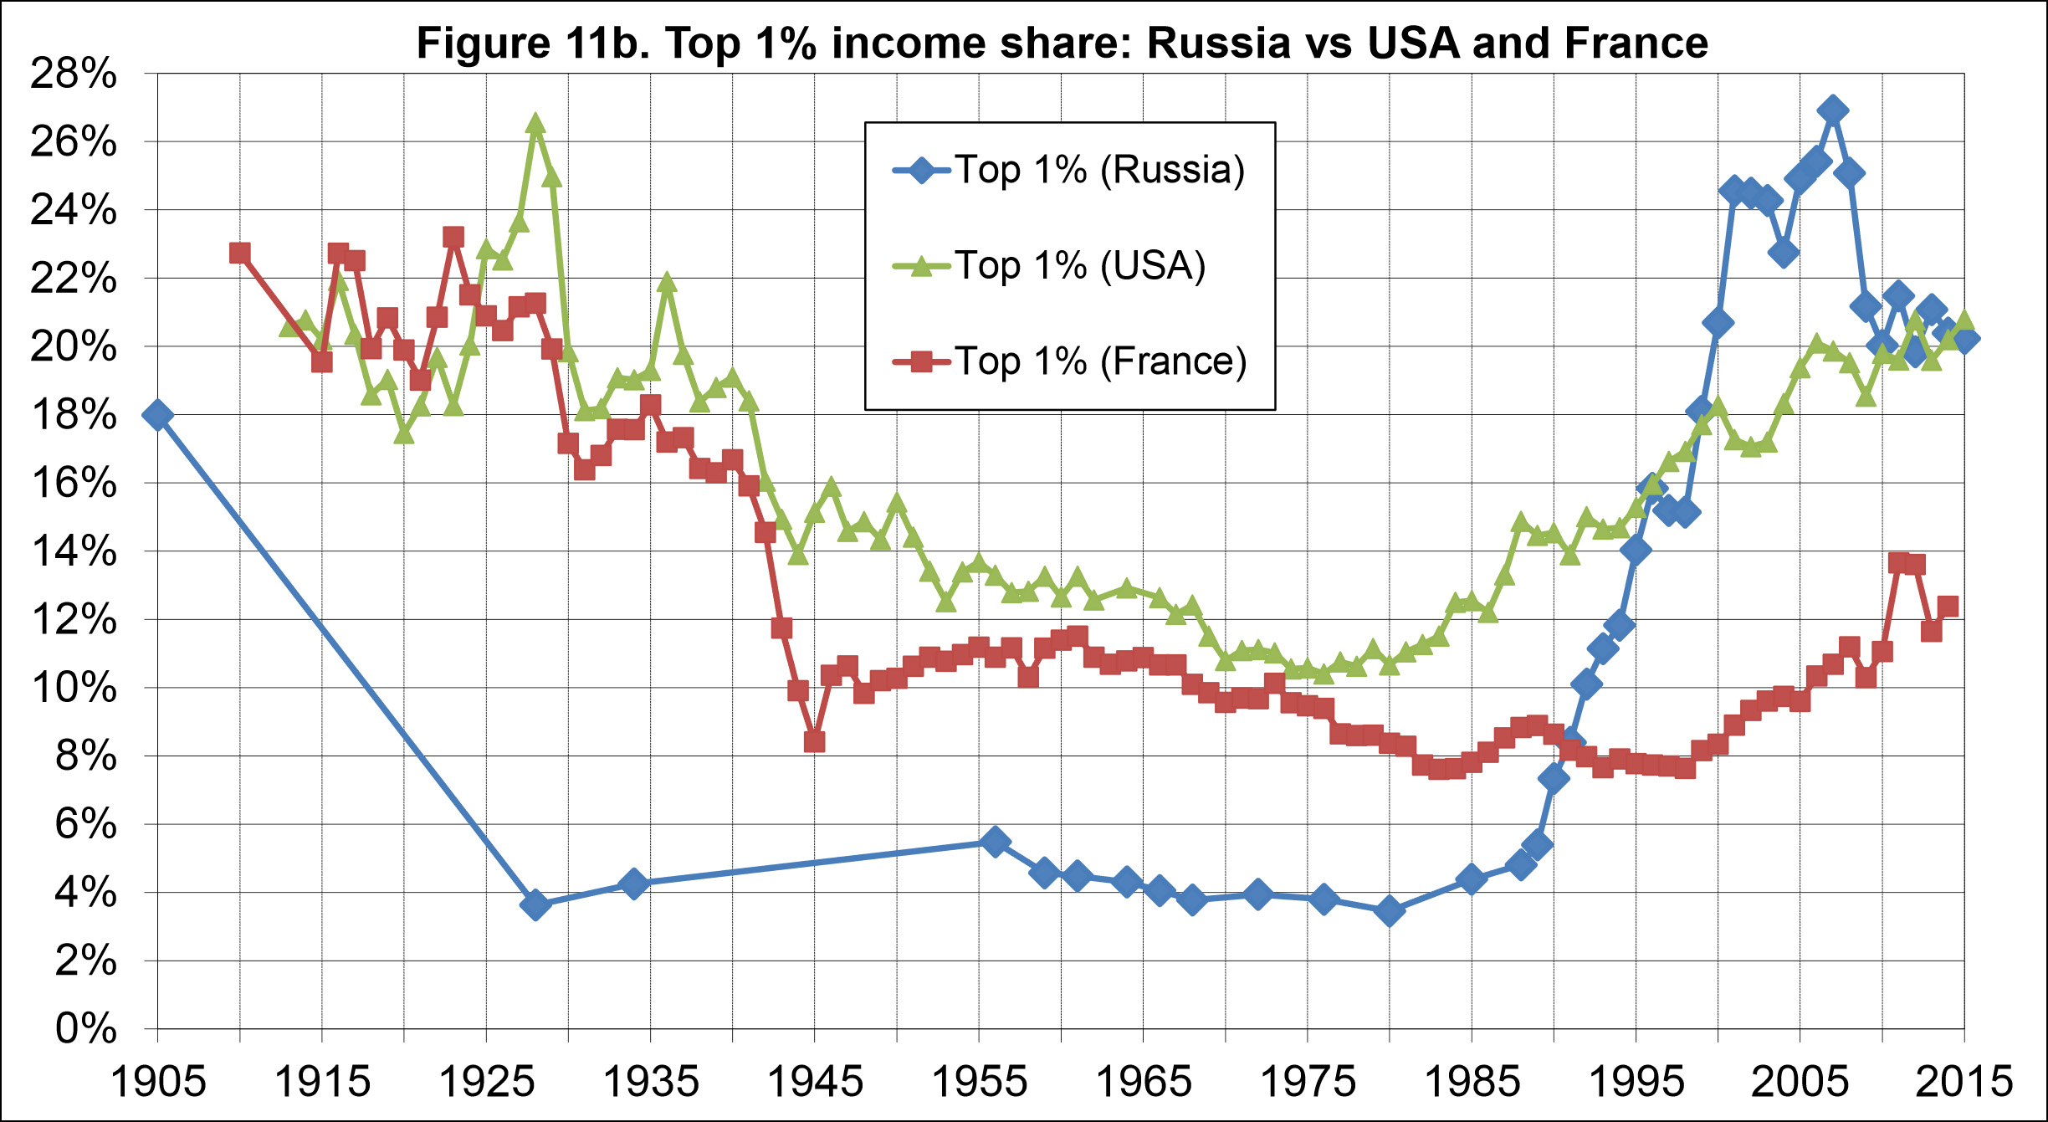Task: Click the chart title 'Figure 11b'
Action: coord(1062,43)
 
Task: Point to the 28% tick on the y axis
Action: coord(74,74)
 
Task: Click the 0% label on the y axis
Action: coord(85,1028)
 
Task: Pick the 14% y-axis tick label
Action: coord(74,551)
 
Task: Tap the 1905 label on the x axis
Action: coord(158,1082)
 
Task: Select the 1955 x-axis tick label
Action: coord(979,1082)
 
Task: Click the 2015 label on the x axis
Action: coord(1964,1082)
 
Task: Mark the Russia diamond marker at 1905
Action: coord(157,415)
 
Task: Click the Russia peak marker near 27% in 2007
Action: coord(1833,110)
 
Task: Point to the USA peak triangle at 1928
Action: coord(535,125)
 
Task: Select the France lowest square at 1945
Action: coord(814,741)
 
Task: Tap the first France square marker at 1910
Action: coord(240,253)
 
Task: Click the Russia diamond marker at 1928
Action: coord(535,904)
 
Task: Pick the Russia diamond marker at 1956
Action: coord(995,841)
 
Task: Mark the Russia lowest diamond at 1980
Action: coord(1390,910)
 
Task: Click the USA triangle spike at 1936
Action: coord(667,282)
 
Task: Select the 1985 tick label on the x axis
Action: coord(1472,1082)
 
